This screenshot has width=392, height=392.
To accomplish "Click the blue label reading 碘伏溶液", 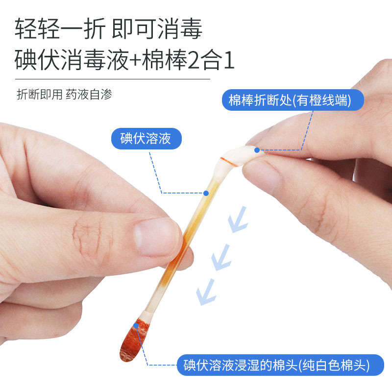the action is (146, 139).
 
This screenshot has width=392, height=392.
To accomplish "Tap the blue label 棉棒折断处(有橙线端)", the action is (293, 100).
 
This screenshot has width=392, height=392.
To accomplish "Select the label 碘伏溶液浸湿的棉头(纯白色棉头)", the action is (280, 365).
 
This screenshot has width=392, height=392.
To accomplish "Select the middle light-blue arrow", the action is (221, 258).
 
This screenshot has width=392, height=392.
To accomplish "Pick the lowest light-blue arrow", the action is (206, 292).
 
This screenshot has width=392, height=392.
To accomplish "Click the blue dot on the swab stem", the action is (206, 193).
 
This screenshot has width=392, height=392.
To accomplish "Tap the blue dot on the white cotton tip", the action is (257, 150).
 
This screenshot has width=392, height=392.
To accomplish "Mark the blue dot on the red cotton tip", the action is (136, 325).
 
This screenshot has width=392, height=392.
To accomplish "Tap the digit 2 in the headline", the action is (195, 60).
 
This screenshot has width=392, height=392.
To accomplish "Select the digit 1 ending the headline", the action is (229, 60).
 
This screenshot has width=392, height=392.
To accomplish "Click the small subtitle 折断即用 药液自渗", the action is (64, 95).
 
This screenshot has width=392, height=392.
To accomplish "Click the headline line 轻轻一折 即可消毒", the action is (108, 29).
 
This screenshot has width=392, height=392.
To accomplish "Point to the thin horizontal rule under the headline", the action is (113, 79).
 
